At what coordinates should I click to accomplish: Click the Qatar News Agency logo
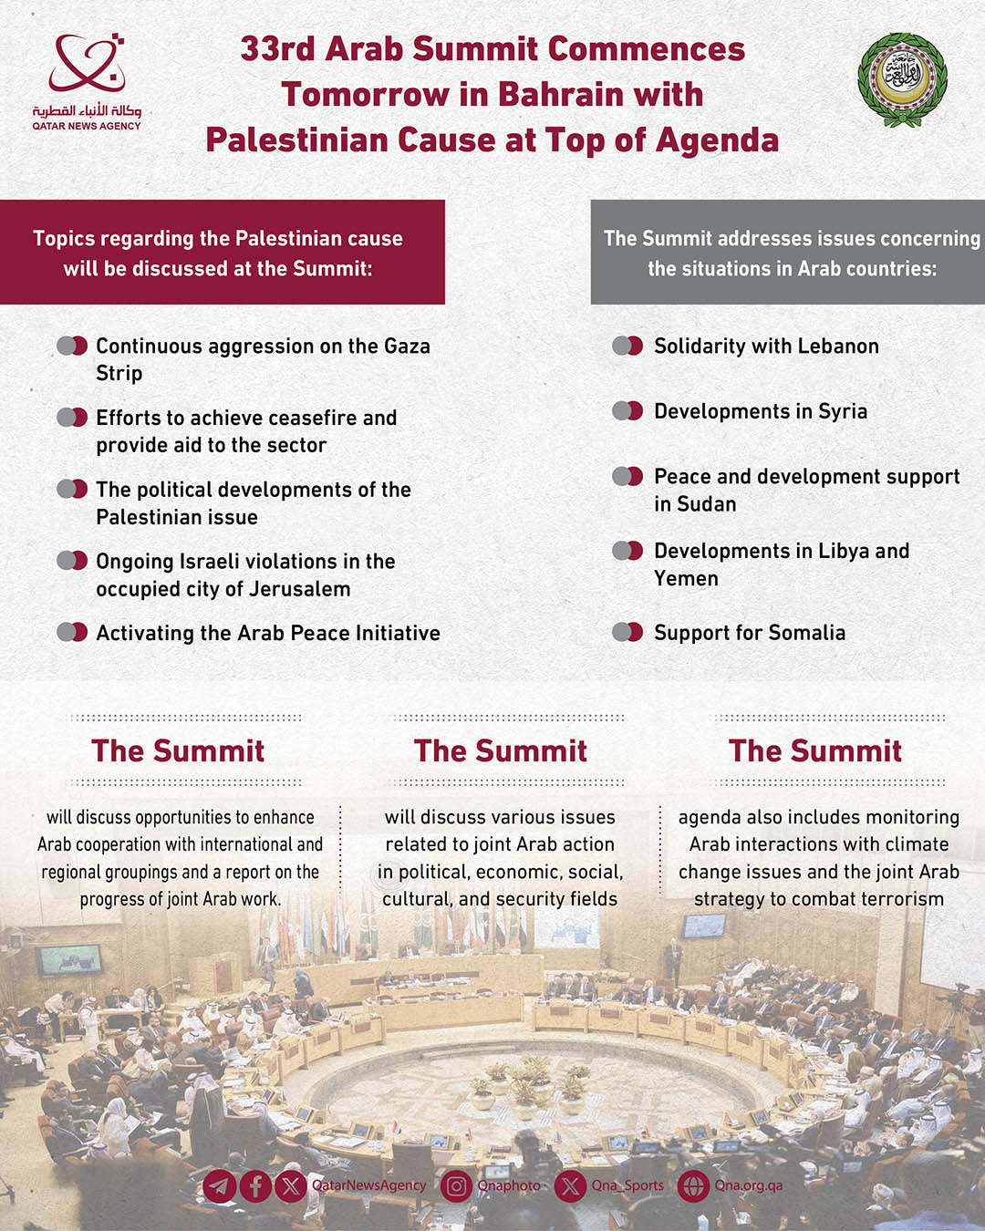click(87, 80)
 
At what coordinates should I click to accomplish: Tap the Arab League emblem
click(902, 79)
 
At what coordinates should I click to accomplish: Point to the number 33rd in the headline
click(277, 49)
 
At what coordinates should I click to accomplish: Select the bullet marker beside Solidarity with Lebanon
click(627, 347)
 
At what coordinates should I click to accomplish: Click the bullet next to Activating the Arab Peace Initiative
click(72, 633)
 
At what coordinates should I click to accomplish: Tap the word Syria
click(843, 412)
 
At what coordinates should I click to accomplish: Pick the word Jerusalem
click(299, 589)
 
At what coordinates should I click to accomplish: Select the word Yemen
click(686, 579)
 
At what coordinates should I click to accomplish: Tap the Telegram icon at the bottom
click(219, 1186)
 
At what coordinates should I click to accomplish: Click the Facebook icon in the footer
click(255, 1186)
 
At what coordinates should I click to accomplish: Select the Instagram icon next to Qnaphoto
click(457, 1186)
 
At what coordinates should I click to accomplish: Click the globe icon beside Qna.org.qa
click(693, 1186)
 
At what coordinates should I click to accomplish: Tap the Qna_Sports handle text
click(627, 1185)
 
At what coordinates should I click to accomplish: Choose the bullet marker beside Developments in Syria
click(627, 411)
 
